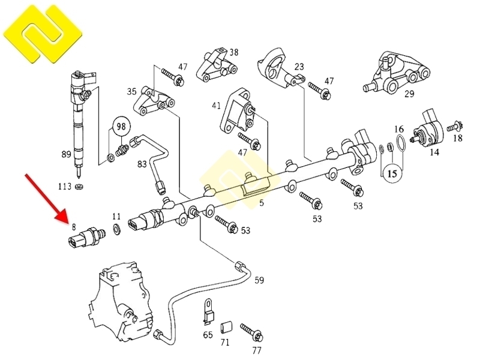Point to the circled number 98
pos(121,127)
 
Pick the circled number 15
pos(392,174)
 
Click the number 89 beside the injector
pos(66,155)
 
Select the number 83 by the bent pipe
pos(142,164)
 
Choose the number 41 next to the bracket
pos(216,106)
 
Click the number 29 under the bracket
pos(409,94)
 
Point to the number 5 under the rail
pos(261,203)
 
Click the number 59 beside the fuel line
pos(259,280)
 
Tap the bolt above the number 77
pos(251,331)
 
